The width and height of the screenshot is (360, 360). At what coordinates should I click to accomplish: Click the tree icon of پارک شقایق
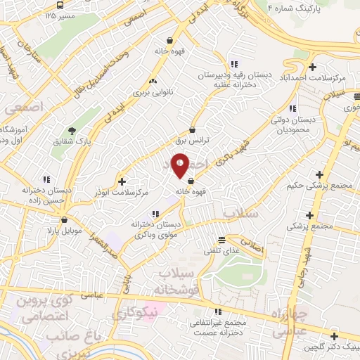71,129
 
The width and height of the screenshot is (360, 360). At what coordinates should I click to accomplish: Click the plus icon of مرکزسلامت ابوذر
122,180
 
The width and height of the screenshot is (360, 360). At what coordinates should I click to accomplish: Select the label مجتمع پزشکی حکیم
319,186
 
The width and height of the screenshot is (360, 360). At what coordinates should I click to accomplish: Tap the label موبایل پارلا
65,230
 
